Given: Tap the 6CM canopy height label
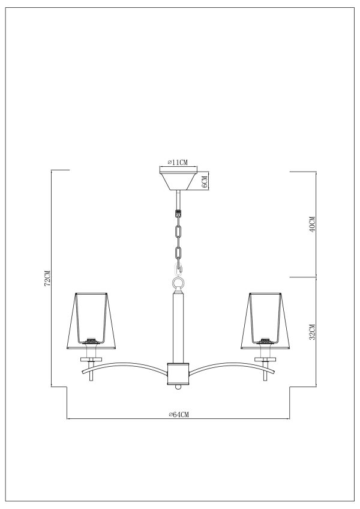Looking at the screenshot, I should click(x=204, y=180).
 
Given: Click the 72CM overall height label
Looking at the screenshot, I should click(x=47, y=278).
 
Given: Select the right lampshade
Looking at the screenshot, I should click(x=265, y=321).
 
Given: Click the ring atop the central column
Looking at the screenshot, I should click(x=178, y=283).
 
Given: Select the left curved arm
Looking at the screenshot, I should click(x=129, y=366).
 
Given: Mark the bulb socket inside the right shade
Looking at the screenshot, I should click(x=264, y=341).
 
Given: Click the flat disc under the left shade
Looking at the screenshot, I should click(x=91, y=359).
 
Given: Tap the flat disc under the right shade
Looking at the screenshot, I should click(x=264, y=359).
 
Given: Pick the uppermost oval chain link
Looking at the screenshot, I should click(x=178, y=230).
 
